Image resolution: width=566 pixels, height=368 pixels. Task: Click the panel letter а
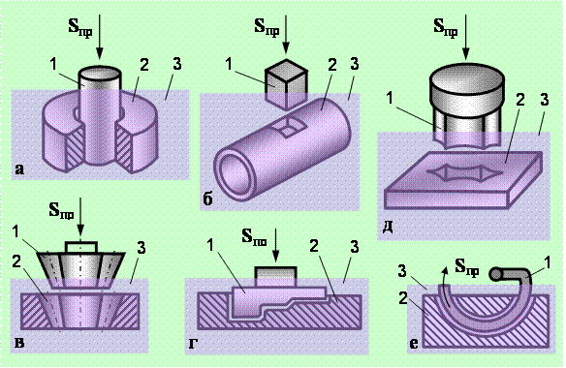(19, 169)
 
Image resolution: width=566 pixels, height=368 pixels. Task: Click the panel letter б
(208, 199)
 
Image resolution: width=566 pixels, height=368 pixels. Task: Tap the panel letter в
(19, 343)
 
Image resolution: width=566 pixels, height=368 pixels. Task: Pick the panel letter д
(388, 228)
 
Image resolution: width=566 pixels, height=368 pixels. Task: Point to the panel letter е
(414, 343)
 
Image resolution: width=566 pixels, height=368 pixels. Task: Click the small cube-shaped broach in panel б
(286, 84)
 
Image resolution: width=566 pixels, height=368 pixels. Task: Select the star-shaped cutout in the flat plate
(465, 172)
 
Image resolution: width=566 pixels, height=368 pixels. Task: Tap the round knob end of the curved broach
(494, 274)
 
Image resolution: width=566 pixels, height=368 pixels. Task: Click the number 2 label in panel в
(16, 261)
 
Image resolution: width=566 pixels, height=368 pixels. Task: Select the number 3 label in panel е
(403, 271)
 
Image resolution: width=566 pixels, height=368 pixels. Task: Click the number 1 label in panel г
(210, 245)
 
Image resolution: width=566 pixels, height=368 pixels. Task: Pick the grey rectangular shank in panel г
(276, 277)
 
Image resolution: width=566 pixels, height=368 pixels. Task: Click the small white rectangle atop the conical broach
(80, 247)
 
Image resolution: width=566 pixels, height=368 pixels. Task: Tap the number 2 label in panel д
(519, 101)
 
